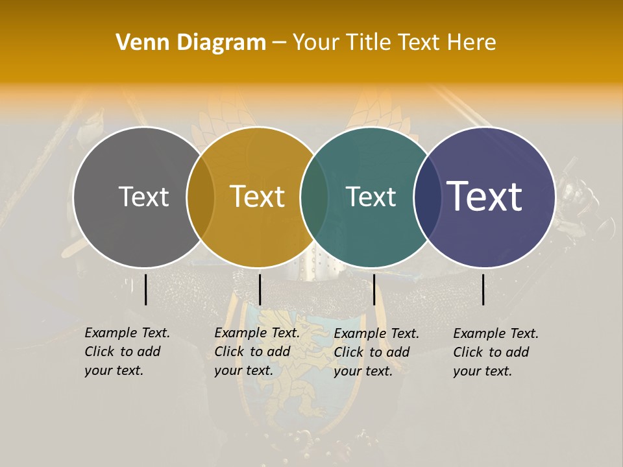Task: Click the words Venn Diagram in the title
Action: click(x=191, y=43)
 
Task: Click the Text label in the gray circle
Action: click(x=143, y=197)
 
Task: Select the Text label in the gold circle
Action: click(x=257, y=197)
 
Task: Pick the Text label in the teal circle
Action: click(x=371, y=197)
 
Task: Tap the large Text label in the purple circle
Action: click(x=485, y=197)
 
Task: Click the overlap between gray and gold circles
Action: click(x=201, y=197)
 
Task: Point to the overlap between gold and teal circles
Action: click(x=314, y=197)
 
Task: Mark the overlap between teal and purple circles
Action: click(x=427, y=197)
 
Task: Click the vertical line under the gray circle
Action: click(x=145, y=289)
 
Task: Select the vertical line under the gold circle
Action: click(x=260, y=289)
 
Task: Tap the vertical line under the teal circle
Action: click(x=374, y=289)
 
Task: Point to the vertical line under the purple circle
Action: click(x=483, y=289)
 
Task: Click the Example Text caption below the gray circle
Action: click(x=127, y=352)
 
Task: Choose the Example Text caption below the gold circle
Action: click(x=256, y=352)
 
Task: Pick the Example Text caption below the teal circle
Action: click(x=376, y=352)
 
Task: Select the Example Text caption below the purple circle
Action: click(x=495, y=352)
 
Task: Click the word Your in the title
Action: click(x=317, y=43)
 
